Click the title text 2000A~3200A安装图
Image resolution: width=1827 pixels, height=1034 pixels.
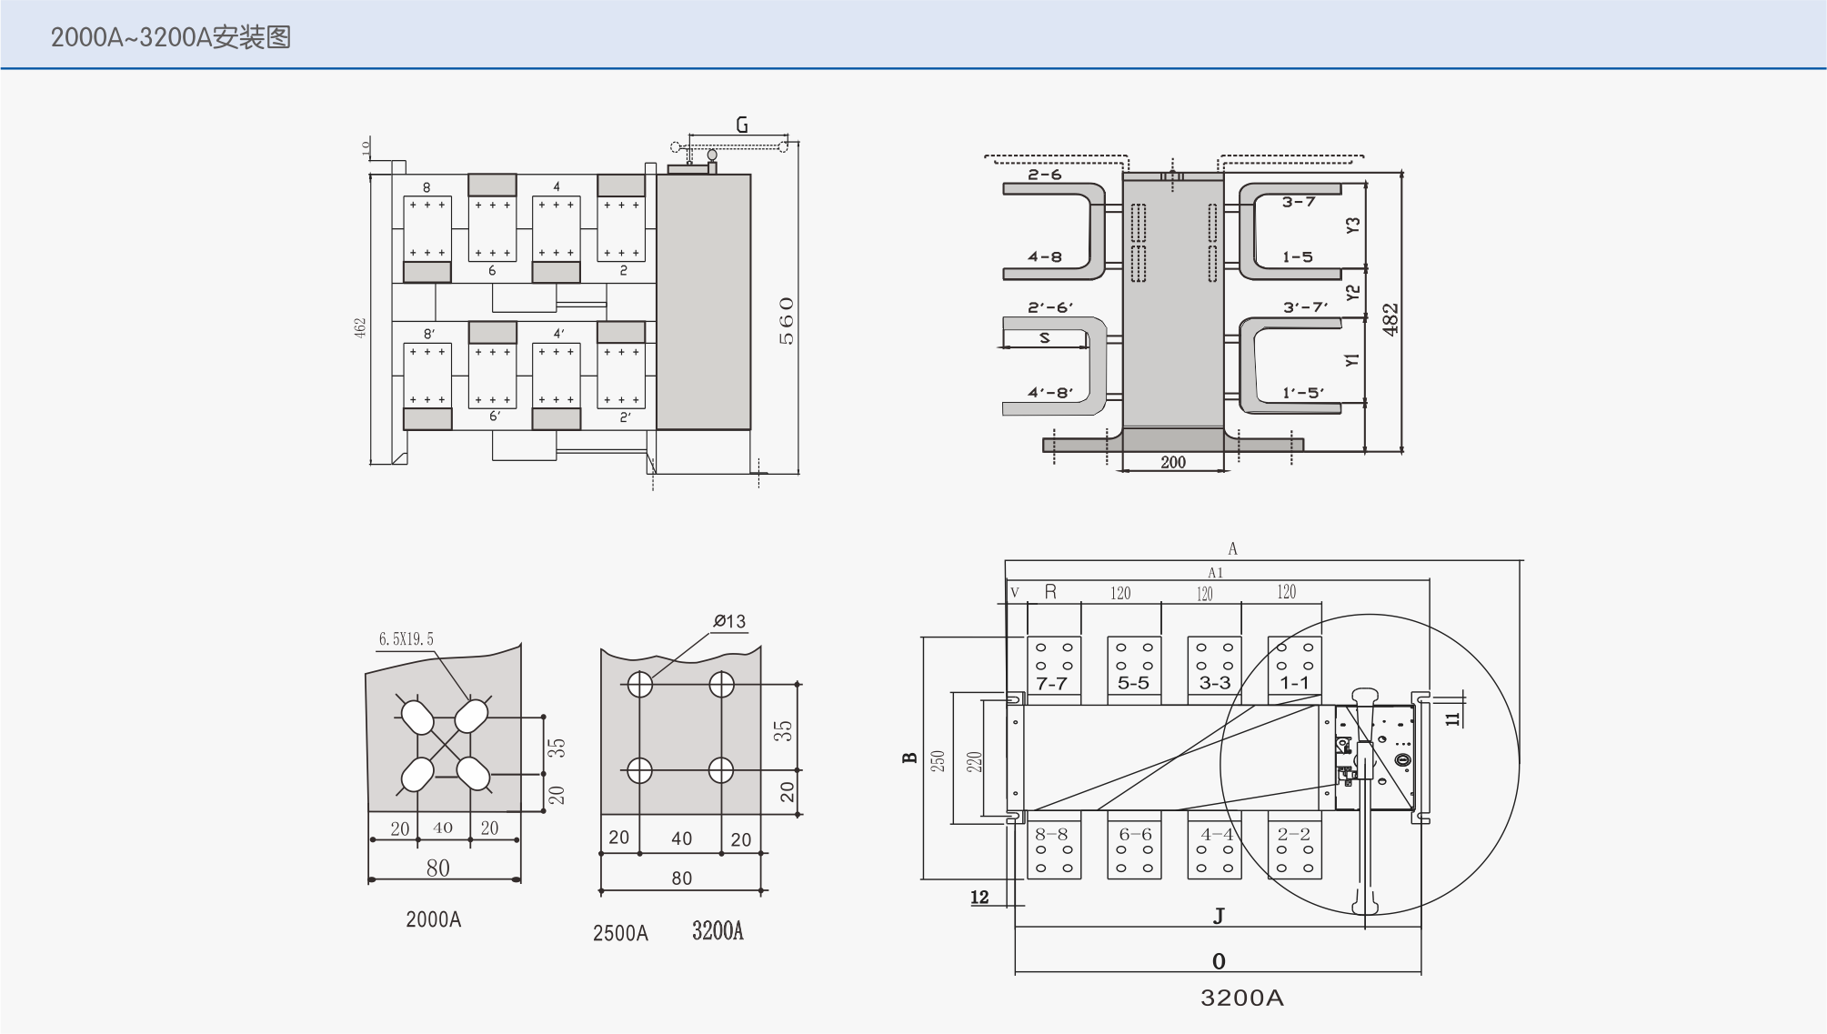pyautogui.click(x=171, y=37)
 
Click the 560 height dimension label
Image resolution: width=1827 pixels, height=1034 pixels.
pyautogui.click(x=787, y=321)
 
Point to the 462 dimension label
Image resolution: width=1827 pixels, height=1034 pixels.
pyautogui.click(x=360, y=328)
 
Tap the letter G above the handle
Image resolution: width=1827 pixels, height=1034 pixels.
pyautogui.click(x=742, y=125)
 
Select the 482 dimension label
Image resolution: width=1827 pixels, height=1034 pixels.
pyautogui.click(x=1390, y=319)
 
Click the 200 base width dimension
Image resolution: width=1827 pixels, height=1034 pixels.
pyautogui.click(x=1173, y=462)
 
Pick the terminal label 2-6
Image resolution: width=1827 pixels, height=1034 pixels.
pyautogui.click(x=1045, y=175)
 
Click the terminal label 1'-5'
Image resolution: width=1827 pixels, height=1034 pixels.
pyautogui.click(x=1303, y=393)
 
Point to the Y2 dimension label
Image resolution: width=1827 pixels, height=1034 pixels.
pyautogui.click(x=1352, y=293)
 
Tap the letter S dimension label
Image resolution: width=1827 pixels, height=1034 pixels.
pyautogui.click(x=1045, y=337)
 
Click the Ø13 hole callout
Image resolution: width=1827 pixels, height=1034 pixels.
pyautogui.click(x=729, y=621)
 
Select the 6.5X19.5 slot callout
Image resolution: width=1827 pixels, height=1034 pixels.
pyautogui.click(x=406, y=639)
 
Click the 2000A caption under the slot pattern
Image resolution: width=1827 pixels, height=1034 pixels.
pyautogui.click(x=434, y=919)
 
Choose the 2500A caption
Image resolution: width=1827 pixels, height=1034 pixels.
pyautogui.click(x=620, y=934)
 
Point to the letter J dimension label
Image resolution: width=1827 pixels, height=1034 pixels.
pyautogui.click(x=1219, y=916)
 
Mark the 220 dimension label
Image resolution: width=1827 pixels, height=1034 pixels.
pyautogui.click(x=974, y=761)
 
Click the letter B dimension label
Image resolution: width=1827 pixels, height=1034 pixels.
pyautogui.click(x=909, y=758)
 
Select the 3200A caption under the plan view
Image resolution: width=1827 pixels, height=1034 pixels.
pyautogui.click(x=1241, y=999)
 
